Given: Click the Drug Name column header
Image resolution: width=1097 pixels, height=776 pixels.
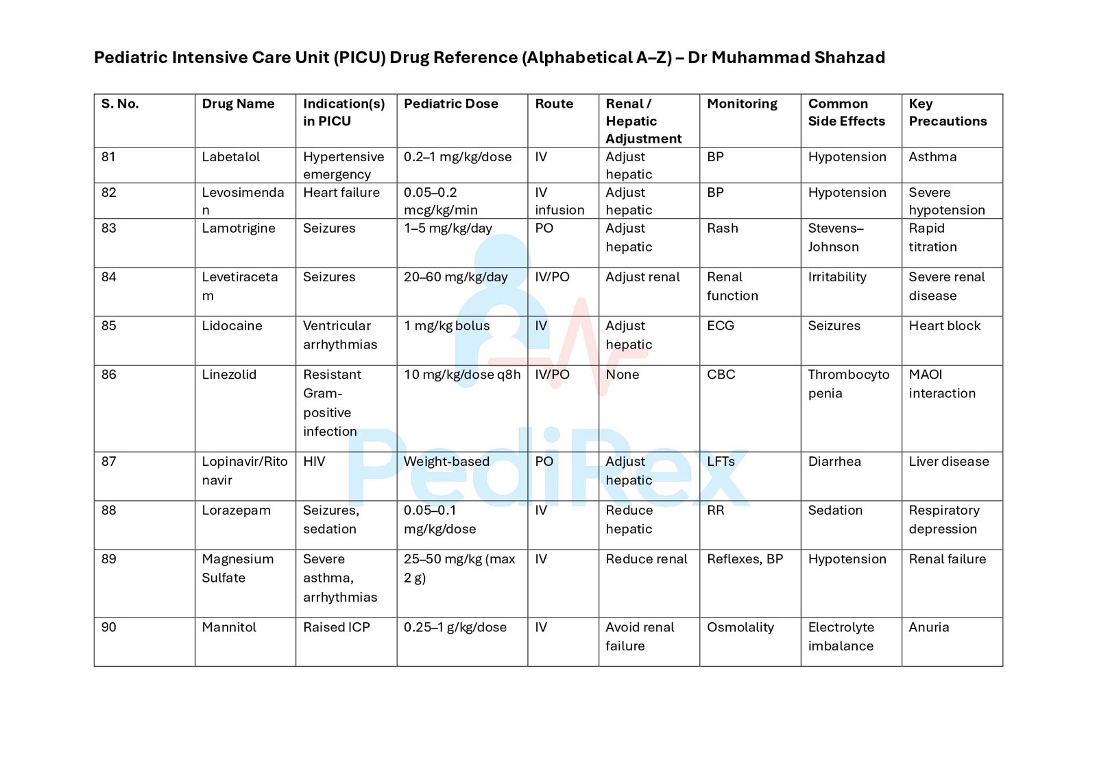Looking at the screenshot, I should (238, 104).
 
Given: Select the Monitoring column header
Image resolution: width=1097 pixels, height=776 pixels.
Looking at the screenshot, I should (742, 104).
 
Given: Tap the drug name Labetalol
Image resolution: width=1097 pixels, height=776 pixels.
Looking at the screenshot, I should (231, 157).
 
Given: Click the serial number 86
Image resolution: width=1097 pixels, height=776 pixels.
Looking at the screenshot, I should (109, 375).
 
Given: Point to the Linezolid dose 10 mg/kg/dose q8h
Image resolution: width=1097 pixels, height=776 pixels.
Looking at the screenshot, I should (462, 375).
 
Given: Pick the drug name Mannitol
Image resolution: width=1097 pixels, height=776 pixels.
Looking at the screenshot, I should (229, 627).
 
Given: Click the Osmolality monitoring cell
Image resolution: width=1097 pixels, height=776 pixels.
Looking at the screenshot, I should (740, 627).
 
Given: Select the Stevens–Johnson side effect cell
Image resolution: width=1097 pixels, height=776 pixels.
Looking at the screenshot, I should (836, 237).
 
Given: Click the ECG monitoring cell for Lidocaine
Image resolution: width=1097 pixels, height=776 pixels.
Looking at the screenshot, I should (721, 326).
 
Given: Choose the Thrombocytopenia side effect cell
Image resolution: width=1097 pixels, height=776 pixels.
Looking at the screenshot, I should (848, 384).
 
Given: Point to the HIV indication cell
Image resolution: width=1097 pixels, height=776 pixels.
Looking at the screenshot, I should (314, 462).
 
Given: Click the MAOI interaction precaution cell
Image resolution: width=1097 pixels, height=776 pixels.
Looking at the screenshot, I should (942, 384).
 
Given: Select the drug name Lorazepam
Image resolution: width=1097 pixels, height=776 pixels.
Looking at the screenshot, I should (236, 510).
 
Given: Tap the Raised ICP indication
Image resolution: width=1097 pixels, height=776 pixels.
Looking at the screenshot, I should (337, 627).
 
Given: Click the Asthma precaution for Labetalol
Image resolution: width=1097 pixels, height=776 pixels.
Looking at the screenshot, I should (932, 157).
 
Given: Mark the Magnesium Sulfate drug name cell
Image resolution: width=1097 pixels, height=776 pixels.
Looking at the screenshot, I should (237, 569).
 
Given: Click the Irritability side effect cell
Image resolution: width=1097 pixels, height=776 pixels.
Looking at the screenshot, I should (837, 277).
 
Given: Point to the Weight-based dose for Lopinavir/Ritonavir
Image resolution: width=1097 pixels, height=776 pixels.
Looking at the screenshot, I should (446, 462).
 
